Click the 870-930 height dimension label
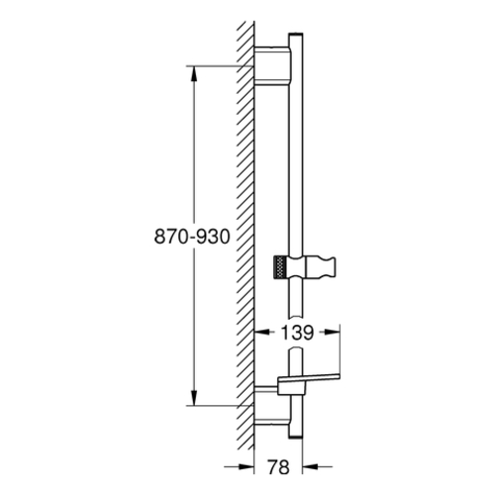(x=192, y=237)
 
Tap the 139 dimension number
(x=297, y=333)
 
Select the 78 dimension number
(x=278, y=467)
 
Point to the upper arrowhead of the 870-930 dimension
(x=194, y=73)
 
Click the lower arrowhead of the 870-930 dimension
(x=194, y=398)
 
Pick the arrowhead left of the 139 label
(x=262, y=333)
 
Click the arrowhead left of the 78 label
(x=247, y=466)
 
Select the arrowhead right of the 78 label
(x=310, y=466)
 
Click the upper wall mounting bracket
(x=273, y=66)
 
